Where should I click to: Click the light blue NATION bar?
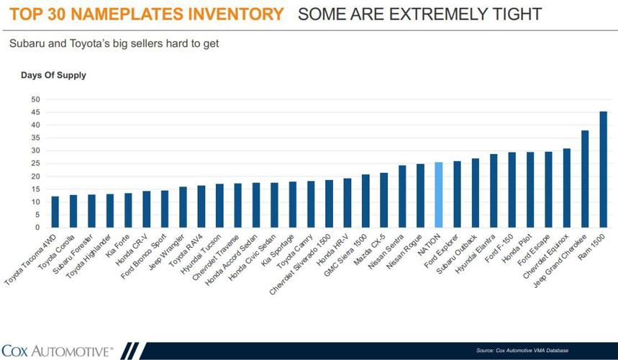pyautogui.click(x=439, y=195)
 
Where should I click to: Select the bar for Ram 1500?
pyautogui.click(x=604, y=170)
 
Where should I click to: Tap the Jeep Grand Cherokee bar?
pyautogui.click(x=585, y=179)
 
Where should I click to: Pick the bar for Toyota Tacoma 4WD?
pyautogui.click(x=55, y=212)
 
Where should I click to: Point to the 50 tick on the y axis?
pyautogui.click(x=35, y=99)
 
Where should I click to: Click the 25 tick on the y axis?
pyautogui.click(x=35, y=163)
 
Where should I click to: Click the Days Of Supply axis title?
pyautogui.click(x=53, y=75)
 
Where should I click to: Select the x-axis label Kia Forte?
pyautogui.click(x=117, y=245)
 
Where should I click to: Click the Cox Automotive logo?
pyautogui.click(x=58, y=351)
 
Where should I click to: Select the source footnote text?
pyautogui.click(x=522, y=351)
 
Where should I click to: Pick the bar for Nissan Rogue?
pyautogui.click(x=421, y=196)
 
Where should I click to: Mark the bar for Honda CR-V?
pyautogui.click(x=147, y=209)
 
